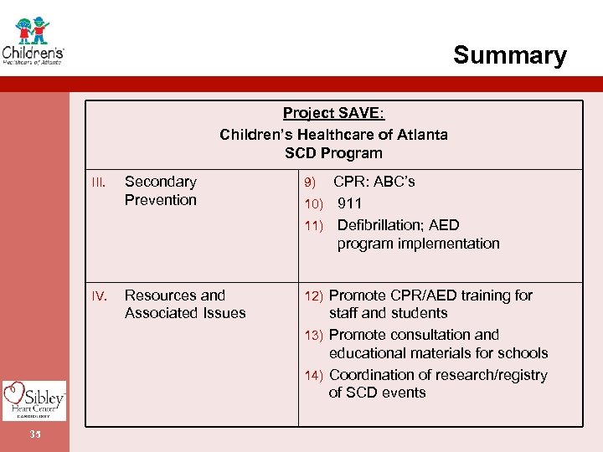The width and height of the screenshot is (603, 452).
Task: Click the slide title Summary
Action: (x=509, y=55)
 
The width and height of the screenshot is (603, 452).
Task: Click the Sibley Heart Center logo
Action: (x=33, y=399)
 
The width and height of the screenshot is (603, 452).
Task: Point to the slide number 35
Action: (x=34, y=434)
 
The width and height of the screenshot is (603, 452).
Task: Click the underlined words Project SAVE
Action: (x=332, y=114)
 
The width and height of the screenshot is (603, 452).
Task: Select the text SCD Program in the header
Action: (x=333, y=153)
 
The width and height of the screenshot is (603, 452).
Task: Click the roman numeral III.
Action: (x=99, y=182)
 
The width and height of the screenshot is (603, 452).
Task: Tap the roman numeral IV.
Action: (x=99, y=296)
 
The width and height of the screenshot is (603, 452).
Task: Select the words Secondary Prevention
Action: (x=160, y=191)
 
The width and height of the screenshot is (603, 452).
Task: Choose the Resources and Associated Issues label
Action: (x=185, y=304)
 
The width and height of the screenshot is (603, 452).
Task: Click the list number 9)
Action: (x=310, y=182)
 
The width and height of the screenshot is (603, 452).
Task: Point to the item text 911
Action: (x=349, y=203)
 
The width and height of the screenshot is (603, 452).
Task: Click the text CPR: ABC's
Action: (x=374, y=182)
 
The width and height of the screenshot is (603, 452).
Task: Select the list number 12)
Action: (x=313, y=296)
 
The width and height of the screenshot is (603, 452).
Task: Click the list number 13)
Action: (x=313, y=336)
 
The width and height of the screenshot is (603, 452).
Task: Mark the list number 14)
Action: (x=313, y=376)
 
